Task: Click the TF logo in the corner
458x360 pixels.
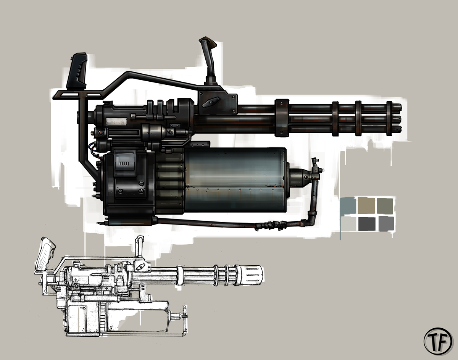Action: [x=438, y=341]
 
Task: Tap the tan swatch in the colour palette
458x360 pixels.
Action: [x=366, y=205]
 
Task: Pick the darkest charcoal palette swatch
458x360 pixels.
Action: [x=367, y=224]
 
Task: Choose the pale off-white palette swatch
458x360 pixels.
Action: [x=348, y=224]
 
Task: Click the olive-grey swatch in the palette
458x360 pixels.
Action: [x=385, y=206]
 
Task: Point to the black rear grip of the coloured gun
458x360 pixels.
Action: [x=77, y=71]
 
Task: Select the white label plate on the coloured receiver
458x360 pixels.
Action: [x=116, y=122]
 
